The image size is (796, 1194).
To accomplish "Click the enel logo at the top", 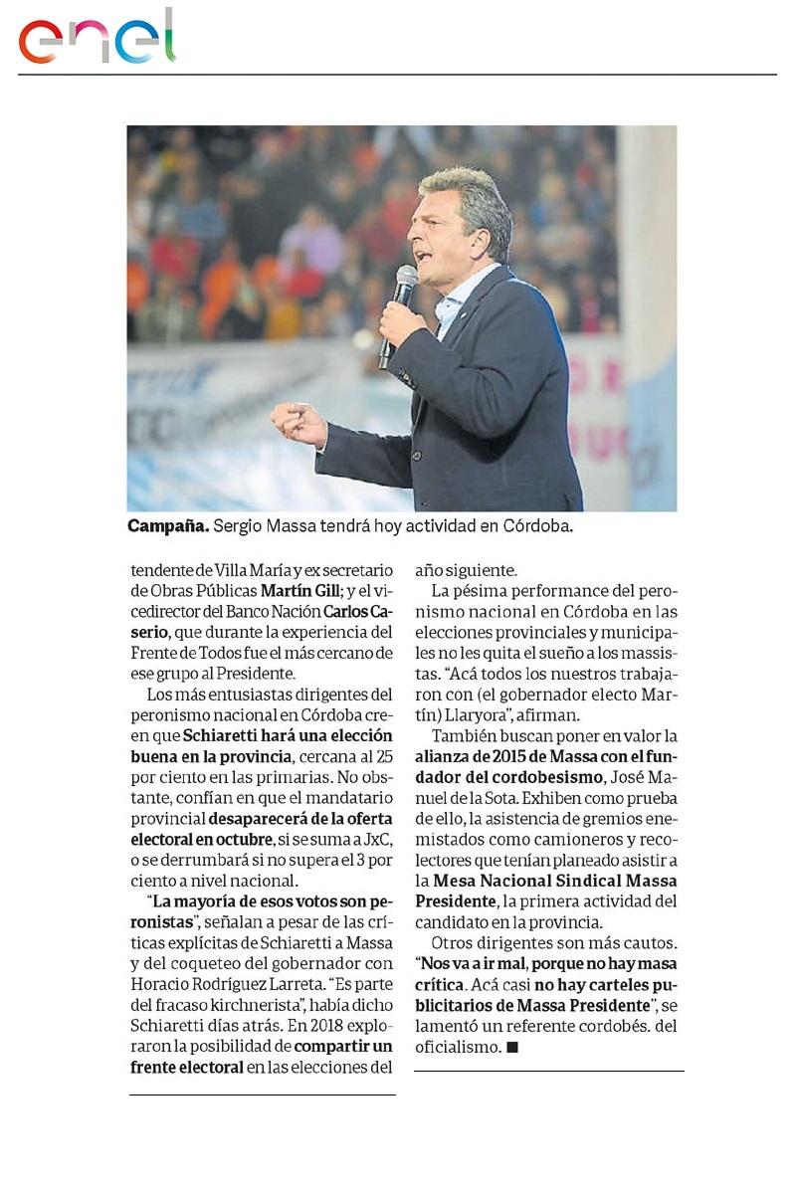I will coord(98,38).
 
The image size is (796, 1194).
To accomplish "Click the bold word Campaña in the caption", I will coord(160,525).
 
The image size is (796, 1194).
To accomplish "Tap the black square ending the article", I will coord(512,1047).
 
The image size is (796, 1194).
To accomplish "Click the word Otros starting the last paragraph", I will coord(452,942).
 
